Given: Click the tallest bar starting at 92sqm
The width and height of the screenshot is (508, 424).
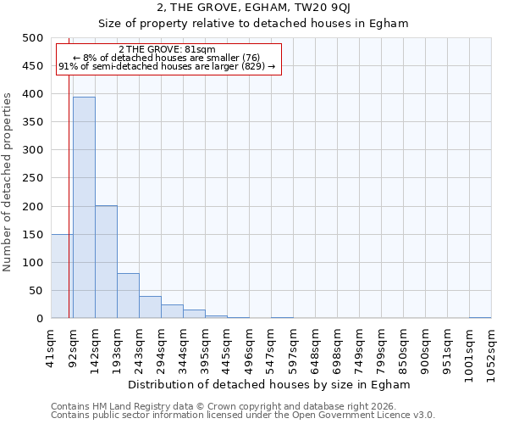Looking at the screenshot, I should (x=84, y=208).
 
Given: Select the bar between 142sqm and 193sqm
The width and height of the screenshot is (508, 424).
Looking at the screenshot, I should (x=106, y=262).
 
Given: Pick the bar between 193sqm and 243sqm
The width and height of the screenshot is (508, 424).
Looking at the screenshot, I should (x=128, y=296).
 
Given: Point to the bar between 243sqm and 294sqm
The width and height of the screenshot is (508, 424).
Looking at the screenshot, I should (x=150, y=307).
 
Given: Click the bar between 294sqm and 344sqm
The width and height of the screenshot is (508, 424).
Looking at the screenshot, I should (x=172, y=311).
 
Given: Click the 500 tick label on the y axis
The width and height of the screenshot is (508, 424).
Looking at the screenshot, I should (x=32, y=38).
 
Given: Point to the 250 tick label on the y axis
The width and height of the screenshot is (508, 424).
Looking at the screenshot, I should (x=32, y=179).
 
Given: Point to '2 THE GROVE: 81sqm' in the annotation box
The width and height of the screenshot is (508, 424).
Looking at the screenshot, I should (x=167, y=49).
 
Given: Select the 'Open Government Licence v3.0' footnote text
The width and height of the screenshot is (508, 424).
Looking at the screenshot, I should (x=364, y=416).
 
